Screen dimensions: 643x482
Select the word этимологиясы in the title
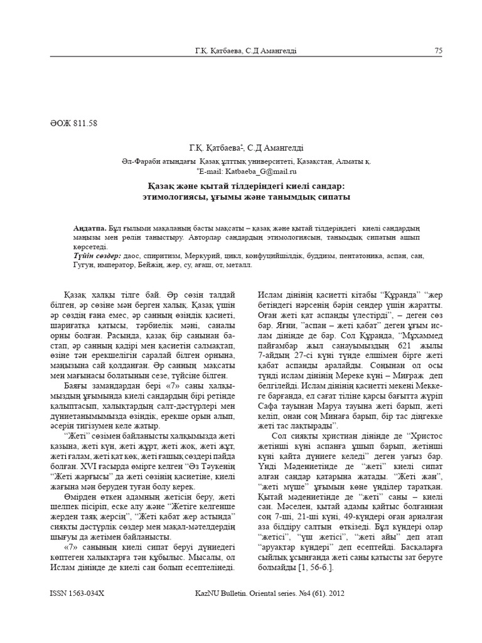(173, 197)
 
